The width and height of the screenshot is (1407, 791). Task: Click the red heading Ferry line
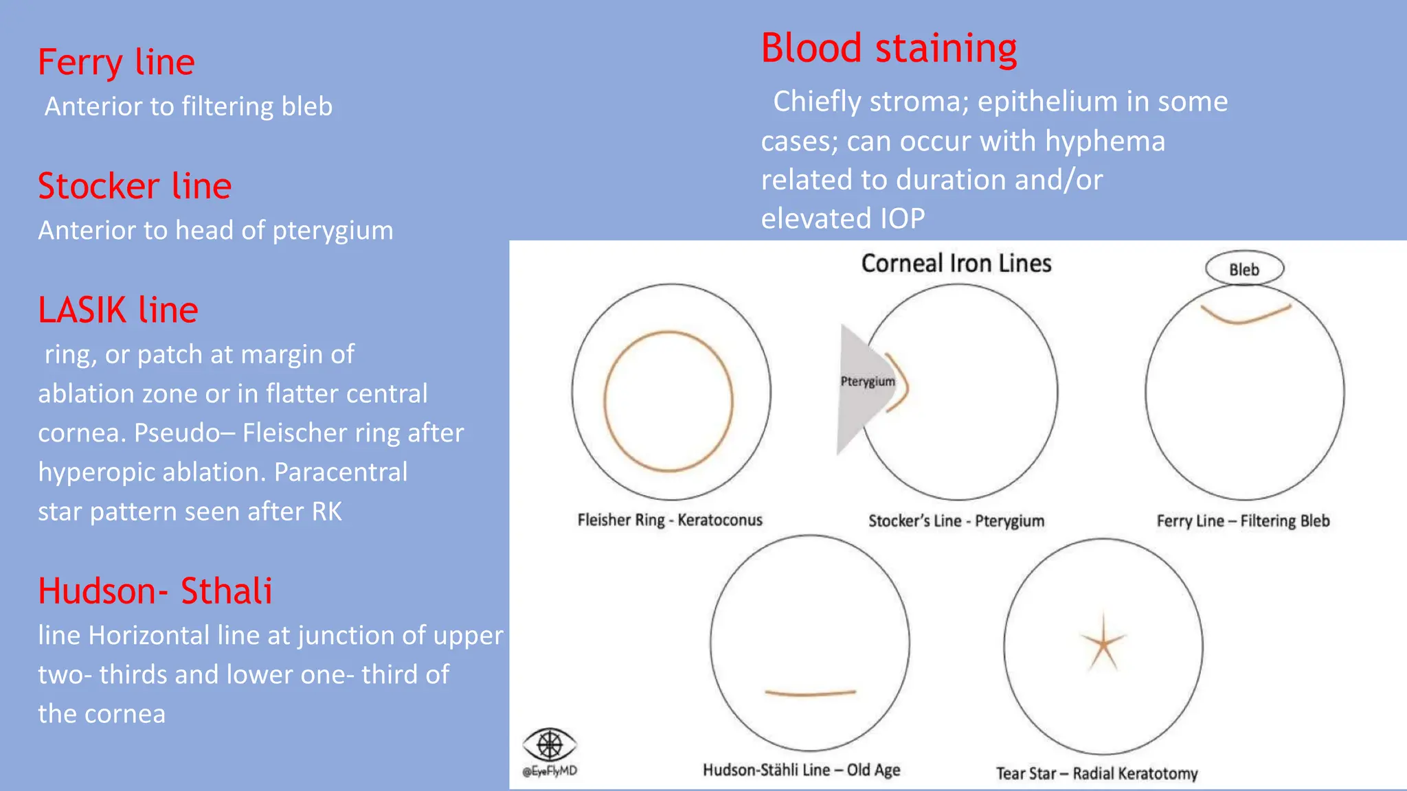[x=116, y=62]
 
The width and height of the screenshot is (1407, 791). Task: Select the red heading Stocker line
[x=135, y=186]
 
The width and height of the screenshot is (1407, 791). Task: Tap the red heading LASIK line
[x=118, y=310]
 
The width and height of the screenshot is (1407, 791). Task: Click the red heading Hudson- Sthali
[x=155, y=591]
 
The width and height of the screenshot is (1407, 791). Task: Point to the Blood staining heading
[x=888, y=49]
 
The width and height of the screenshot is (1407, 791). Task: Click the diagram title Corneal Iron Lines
[x=956, y=264]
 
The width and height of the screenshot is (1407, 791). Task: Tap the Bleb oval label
[x=1244, y=269]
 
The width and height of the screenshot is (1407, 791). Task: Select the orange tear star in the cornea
[x=1103, y=644]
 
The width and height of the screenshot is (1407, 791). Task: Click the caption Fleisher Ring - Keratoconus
[x=670, y=520]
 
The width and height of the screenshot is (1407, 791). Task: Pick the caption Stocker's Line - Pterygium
[x=956, y=521]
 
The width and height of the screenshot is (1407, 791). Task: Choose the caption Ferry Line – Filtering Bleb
[x=1243, y=521]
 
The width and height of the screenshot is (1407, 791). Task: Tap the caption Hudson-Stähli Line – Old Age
[x=801, y=770]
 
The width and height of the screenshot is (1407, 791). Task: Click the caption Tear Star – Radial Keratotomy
[x=1097, y=774]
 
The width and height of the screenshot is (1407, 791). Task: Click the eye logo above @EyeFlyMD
[x=549, y=744]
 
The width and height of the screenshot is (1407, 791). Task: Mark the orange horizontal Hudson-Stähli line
[x=811, y=693]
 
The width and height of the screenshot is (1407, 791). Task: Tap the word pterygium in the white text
[x=333, y=231]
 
